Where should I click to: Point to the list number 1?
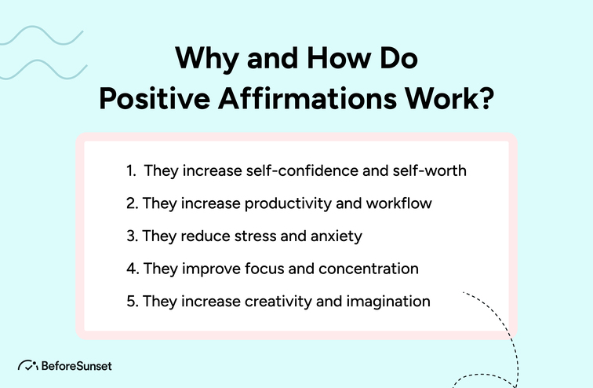(x=129, y=170)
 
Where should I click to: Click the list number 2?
(x=131, y=203)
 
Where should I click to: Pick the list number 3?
(x=131, y=236)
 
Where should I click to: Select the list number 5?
(x=131, y=301)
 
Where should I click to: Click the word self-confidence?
(x=284, y=170)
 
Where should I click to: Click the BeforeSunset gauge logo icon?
(x=27, y=366)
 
